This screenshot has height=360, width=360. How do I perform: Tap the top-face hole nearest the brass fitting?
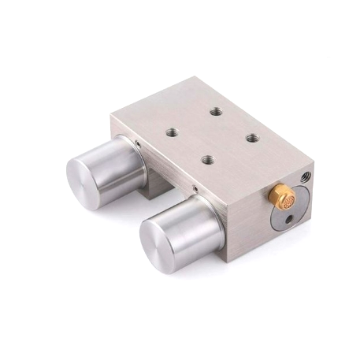pyautogui.click(x=252, y=137)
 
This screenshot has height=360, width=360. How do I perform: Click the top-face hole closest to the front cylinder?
pyautogui.click(x=207, y=159)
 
